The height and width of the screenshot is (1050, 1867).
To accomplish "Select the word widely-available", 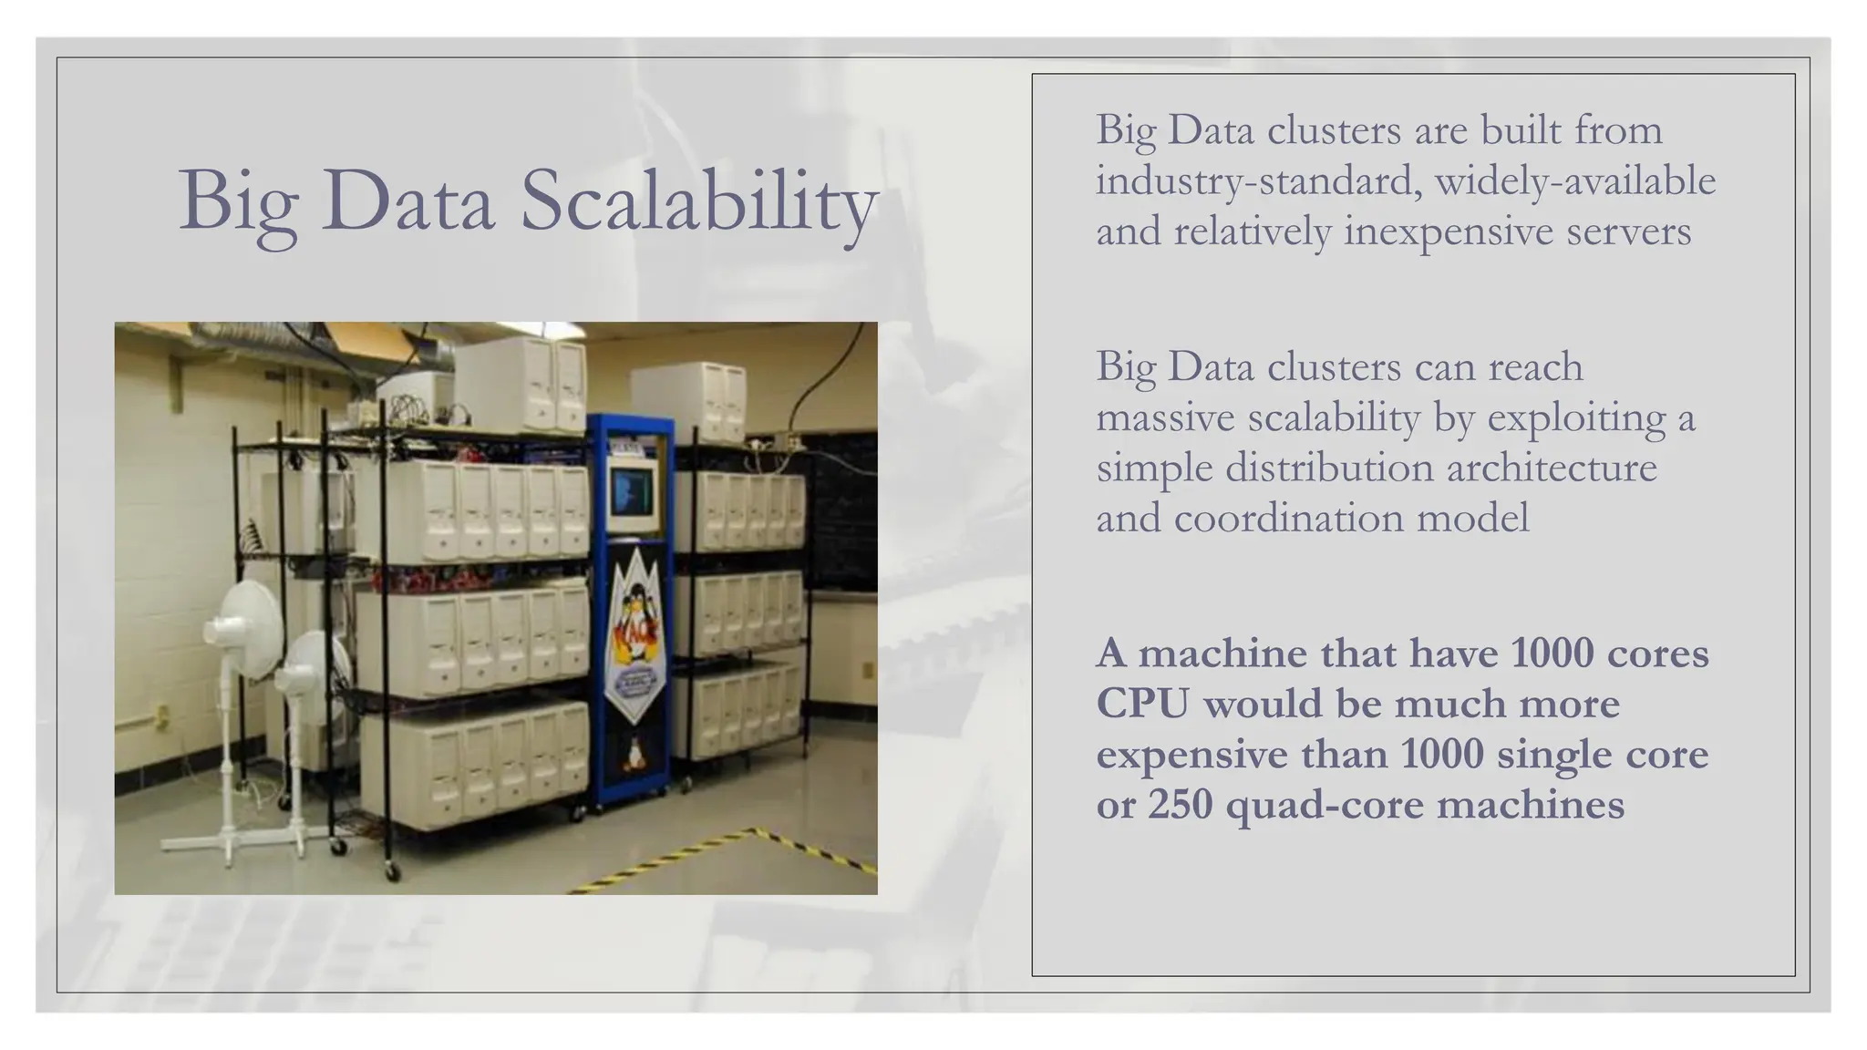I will coord(1575,180).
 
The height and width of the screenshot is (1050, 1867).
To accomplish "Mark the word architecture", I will coord(1552,468).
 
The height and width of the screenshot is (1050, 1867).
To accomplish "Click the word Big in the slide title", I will coord(239,202).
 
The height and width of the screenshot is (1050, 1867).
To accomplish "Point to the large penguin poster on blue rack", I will coord(635,629).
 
